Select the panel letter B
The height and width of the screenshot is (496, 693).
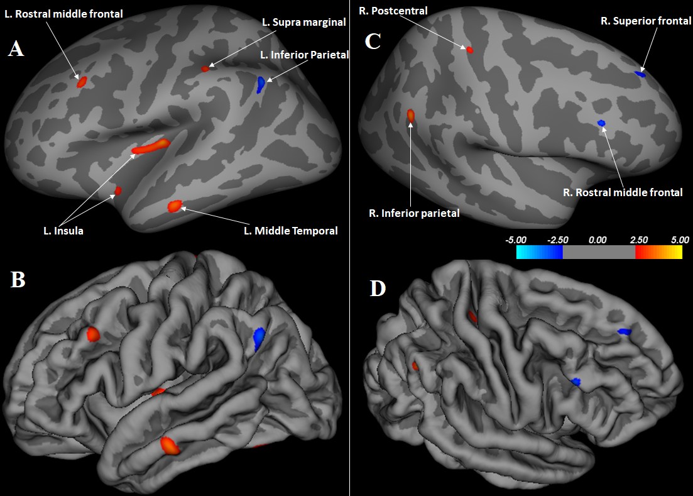pos(18,280)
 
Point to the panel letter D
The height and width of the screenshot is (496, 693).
pos(378,288)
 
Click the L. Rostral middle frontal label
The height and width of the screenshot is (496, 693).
pos(63,13)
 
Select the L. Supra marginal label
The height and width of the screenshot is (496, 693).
pos(304,22)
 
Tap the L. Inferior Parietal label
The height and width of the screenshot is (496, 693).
pos(305,55)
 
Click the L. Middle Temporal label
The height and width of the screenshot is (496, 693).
pos(290,231)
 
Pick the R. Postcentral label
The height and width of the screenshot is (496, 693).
pos(393,10)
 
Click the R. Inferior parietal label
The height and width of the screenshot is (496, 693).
pos(414,213)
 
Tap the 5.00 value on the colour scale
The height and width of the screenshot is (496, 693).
pos(680,240)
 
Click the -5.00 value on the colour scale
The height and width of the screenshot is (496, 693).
pos(516,240)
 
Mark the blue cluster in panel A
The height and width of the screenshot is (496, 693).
pos(260,84)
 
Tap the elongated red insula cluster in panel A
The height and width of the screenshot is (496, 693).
pos(151,146)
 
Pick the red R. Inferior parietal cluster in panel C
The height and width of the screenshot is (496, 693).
pos(410,115)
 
